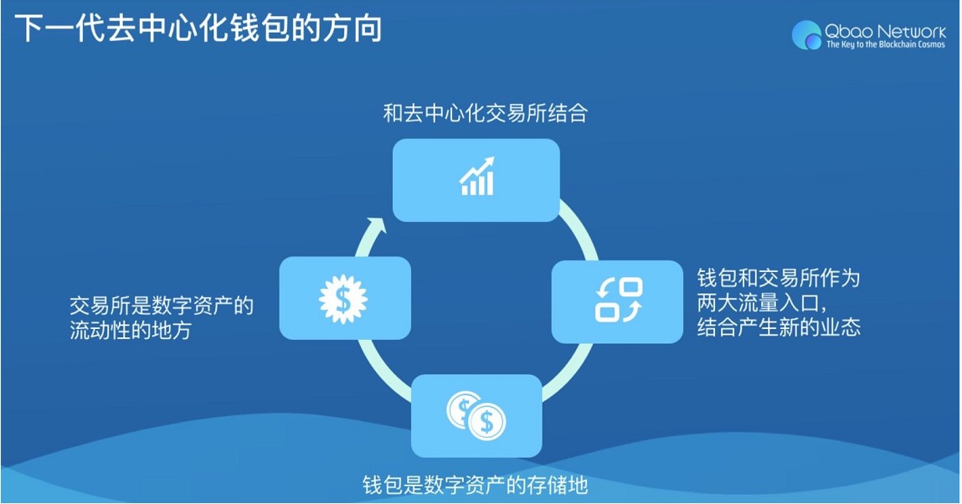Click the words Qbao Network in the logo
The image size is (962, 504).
coord(885,30)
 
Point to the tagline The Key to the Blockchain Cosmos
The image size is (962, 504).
coord(885,44)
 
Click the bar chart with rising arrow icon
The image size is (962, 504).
coord(477,177)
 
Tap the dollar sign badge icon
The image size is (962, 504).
coord(343,297)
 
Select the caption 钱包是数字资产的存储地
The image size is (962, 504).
coord(475,485)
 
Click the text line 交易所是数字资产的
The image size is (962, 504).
coord(161,306)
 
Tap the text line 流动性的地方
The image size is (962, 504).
coord(131,331)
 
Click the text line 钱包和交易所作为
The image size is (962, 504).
coord(779,278)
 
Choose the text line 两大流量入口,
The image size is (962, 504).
coord(762,302)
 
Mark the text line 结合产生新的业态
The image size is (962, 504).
coord(779,327)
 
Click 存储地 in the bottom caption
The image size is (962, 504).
coord(558,485)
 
